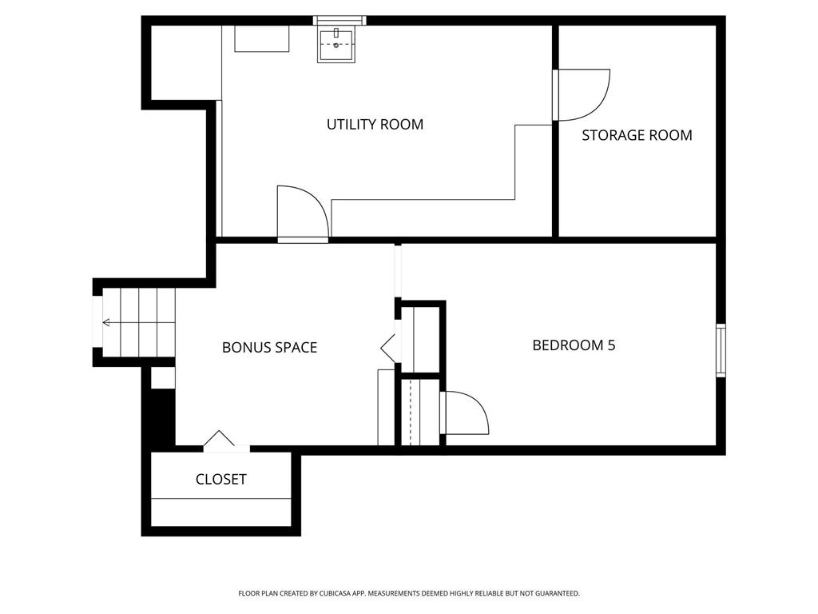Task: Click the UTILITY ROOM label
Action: click(x=375, y=124)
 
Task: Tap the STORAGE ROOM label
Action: click(x=637, y=135)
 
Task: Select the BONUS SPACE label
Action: click(x=270, y=348)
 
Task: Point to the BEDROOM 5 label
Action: click(x=574, y=345)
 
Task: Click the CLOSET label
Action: click(x=220, y=480)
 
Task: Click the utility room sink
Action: click(x=336, y=46)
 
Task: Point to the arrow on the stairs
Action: click(x=139, y=323)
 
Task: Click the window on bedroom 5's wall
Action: click(x=721, y=350)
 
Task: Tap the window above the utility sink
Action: click(x=340, y=20)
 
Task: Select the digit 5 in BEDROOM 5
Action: click(x=611, y=345)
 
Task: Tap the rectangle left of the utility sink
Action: click(x=262, y=38)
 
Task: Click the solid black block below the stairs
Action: click(x=163, y=417)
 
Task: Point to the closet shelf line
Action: click(x=220, y=499)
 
